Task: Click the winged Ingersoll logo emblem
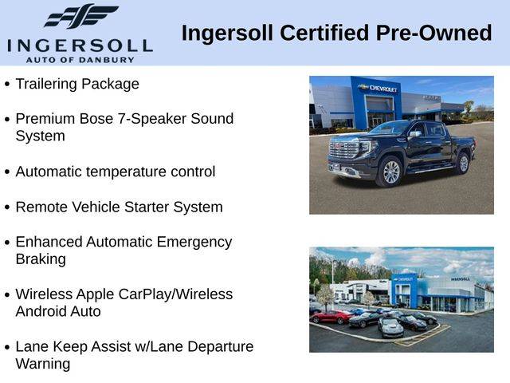(81, 16)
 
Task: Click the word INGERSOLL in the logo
(80, 46)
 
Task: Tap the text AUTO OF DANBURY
(80, 60)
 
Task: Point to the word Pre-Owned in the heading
(433, 33)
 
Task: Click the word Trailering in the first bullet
(46, 85)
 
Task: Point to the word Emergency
(194, 243)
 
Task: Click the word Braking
(41, 260)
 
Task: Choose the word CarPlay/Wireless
(175, 294)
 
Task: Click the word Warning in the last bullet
(42, 365)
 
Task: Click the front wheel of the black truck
(390, 172)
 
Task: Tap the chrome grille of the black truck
(343, 149)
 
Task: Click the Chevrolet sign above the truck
(379, 88)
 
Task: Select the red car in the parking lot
(331, 317)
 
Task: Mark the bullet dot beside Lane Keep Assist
(7, 348)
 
